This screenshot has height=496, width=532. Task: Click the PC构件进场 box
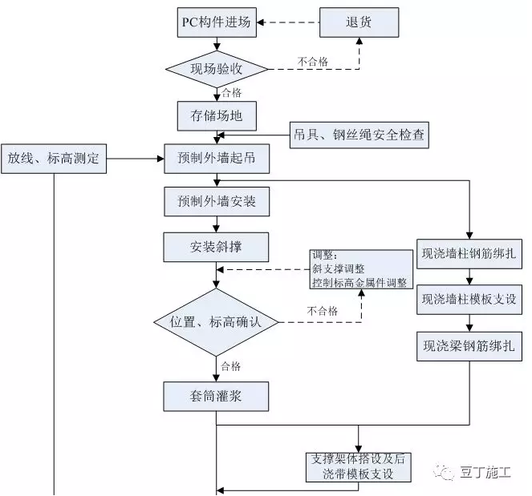click(217, 22)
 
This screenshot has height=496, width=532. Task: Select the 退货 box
click(359, 22)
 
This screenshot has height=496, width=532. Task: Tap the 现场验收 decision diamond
click(217, 69)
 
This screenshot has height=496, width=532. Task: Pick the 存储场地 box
click(217, 116)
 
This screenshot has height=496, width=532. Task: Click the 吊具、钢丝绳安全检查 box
click(359, 135)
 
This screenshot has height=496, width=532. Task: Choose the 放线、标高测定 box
click(54, 159)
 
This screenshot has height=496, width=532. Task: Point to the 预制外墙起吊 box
click(217, 159)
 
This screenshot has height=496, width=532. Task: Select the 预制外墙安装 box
click(217, 202)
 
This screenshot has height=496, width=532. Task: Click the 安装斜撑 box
click(216, 247)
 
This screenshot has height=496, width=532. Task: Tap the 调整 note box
click(361, 269)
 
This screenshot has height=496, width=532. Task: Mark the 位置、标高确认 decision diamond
click(216, 322)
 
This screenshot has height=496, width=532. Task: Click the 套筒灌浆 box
click(216, 397)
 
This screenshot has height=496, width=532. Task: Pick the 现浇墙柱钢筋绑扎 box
click(469, 254)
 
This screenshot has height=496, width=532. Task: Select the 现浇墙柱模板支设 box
click(469, 300)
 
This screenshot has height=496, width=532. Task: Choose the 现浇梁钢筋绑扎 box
click(469, 346)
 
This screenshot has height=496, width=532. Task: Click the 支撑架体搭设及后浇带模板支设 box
click(359, 467)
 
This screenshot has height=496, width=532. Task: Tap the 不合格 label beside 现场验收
click(313, 62)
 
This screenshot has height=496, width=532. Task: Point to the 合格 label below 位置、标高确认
click(231, 366)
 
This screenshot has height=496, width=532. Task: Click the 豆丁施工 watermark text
click(485, 472)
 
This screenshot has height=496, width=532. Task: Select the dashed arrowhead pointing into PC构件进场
click(261, 22)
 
